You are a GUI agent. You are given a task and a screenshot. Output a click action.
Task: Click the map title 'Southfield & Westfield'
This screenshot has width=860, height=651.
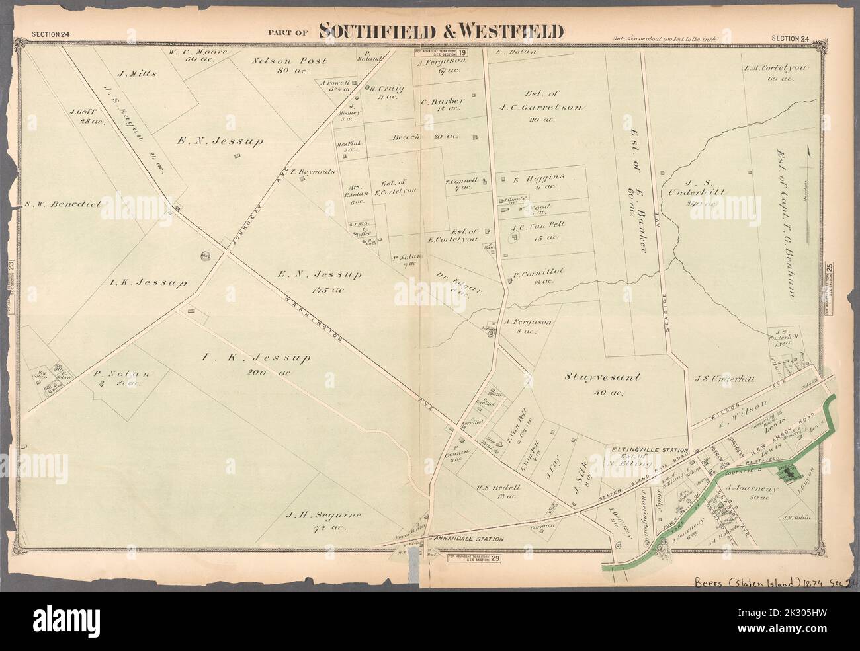point(441,30)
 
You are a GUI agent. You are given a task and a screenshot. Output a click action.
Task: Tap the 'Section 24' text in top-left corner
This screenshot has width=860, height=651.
point(51,37)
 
